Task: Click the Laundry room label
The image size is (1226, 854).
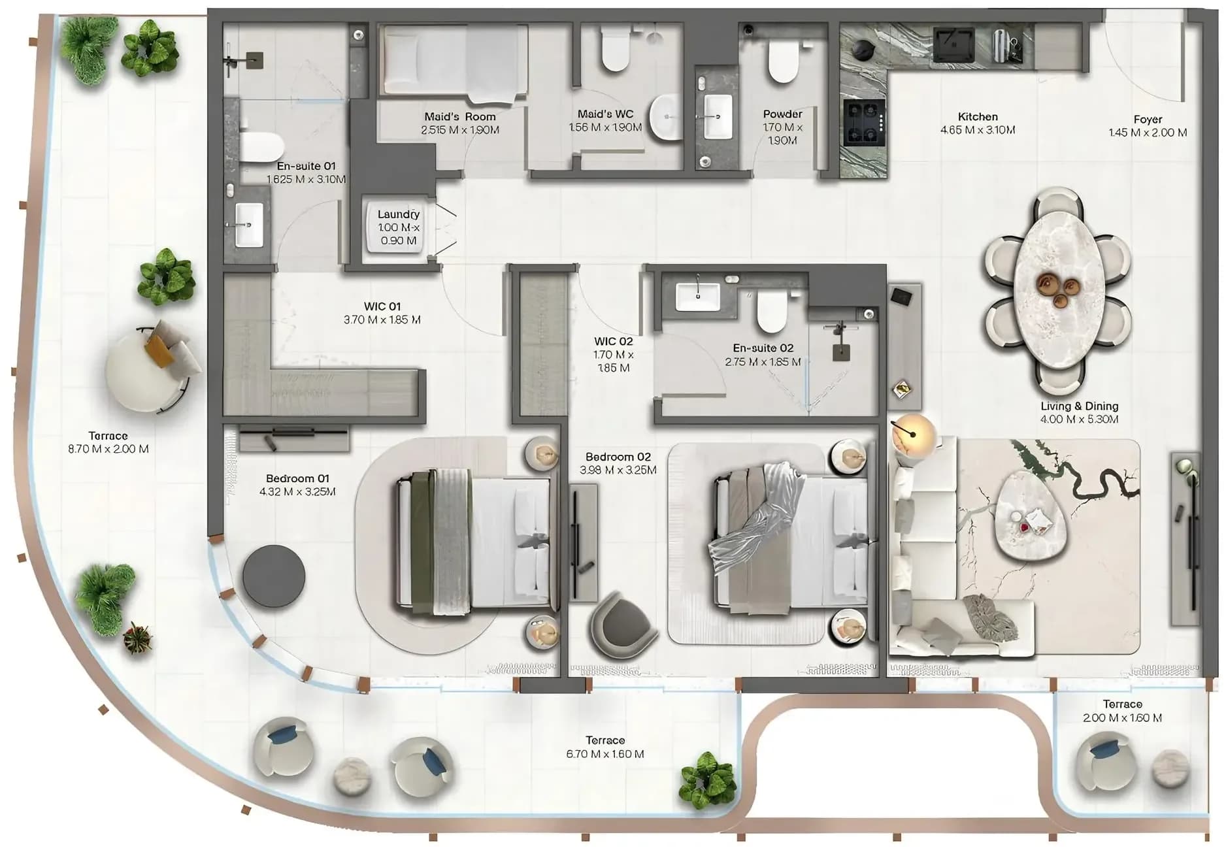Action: [399, 214]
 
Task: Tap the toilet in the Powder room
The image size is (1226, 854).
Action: [783, 61]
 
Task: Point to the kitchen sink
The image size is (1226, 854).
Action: [955, 44]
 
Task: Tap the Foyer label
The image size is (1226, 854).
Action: [1148, 120]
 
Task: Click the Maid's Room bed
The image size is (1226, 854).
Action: [455, 63]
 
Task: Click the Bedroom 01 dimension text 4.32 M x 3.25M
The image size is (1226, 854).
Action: [297, 492]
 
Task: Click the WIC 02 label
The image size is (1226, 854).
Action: [613, 341]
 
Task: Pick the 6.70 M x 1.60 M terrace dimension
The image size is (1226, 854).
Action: [605, 754]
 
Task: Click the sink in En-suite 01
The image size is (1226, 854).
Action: [249, 225]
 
